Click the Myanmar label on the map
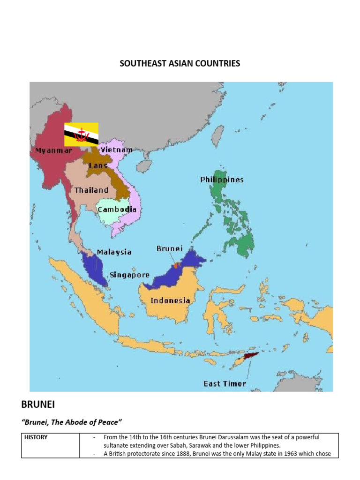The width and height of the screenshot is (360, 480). pyautogui.click(x=53, y=151)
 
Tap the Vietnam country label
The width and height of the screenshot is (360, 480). pyautogui.click(x=116, y=150)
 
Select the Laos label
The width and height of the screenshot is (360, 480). pyautogui.click(x=98, y=165)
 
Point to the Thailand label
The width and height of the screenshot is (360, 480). pyautogui.click(x=91, y=190)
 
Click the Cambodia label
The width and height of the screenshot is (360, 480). pyautogui.click(x=117, y=209)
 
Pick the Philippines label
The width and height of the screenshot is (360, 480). pyautogui.click(x=222, y=180)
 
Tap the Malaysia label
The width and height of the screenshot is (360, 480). pyautogui.click(x=114, y=252)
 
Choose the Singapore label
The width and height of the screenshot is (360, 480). pyautogui.click(x=129, y=275)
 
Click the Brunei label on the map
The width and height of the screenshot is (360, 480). pyautogui.click(x=169, y=248)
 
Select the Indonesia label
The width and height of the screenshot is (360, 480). pyautogui.click(x=170, y=300)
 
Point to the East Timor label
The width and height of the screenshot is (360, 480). pyautogui.click(x=225, y=383)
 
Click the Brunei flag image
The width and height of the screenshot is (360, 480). pyautogui.click(x=81, y=134)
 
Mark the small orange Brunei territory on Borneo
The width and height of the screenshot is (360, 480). pyautogui.click(x=176, y=265)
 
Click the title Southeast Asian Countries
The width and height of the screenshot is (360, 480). pyautogui.click(x=180, y=63)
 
